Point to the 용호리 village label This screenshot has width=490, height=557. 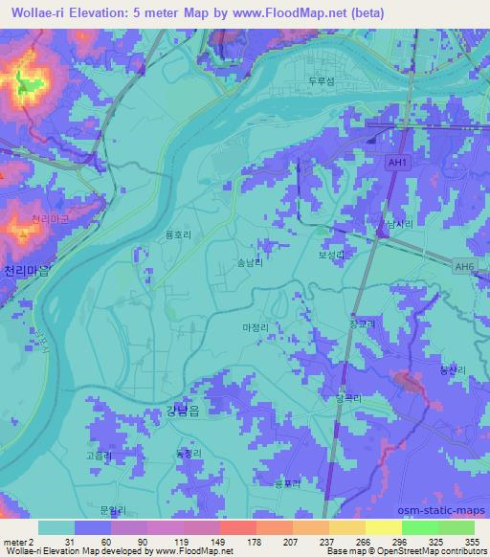178,232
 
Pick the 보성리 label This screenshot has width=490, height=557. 330,256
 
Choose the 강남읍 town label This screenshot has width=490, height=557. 172,413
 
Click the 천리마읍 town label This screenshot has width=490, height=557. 25,271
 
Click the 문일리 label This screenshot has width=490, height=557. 113,513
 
